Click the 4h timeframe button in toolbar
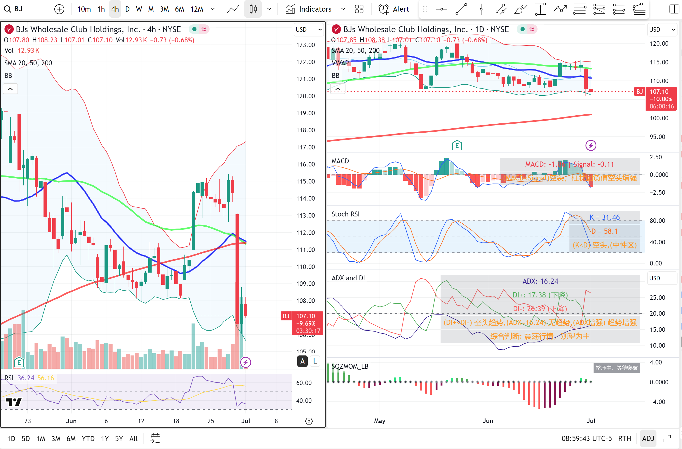tap(115, 9)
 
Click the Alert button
tap(394, 9)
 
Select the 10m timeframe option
tap(84, 9)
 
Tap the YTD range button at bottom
tap(88, 438)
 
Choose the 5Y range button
tap(119, 438)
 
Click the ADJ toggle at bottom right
tap(648, 438)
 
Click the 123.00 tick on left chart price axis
tap(306, 45)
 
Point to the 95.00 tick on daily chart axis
tap(657, 137)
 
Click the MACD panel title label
tap(340, 161)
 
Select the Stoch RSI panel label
tap(345, 214)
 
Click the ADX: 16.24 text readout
tap(540, 281)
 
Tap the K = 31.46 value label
tap(605, 217)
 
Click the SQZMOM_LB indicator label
tap(350, 366)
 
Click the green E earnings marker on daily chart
tap(457, 145)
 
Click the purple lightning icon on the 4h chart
tap(245, 362)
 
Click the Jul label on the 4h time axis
tap(245, 421)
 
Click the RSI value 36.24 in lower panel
tap(26, 378)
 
